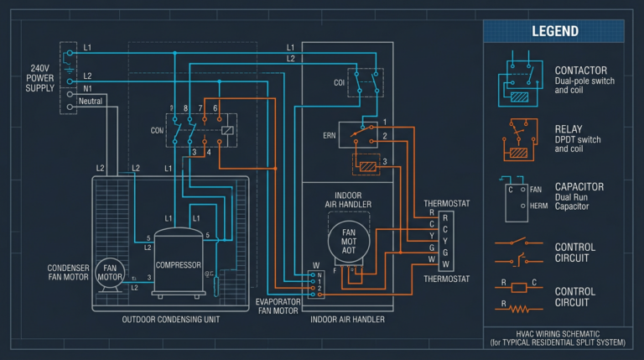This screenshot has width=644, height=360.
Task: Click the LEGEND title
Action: coord(554,31)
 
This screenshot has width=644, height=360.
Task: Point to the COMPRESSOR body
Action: coord(179,265)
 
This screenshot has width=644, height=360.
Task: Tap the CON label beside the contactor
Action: coord(156,130)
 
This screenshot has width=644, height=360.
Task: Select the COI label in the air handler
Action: coord(339,82)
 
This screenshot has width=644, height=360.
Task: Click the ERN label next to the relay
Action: coord(329,134)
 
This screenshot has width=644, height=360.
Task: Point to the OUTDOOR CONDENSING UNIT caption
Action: coord(170,320)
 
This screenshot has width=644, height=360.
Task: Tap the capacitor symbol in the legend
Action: coord(515,198)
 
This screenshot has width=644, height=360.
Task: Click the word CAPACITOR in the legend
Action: coord(579,186)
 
